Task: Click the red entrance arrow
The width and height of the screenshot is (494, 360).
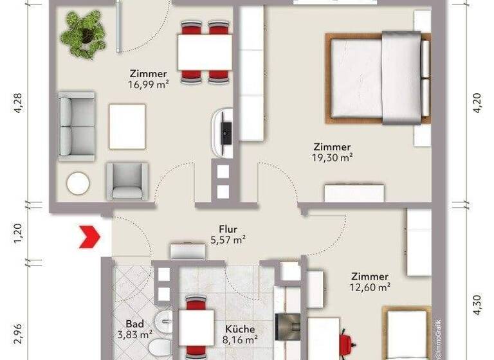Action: pyautogui.click(x=89, y=236)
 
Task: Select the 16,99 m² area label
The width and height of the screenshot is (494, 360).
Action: pyautogui.click(x=149, y=84)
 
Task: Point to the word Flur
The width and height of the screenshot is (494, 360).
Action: pyautogui.click(x=228, y=228)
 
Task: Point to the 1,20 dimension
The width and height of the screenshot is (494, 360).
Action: pyautogui.click(x=18, y=233)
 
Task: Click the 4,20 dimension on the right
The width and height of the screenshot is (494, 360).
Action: pyautogui.click(x=477, y=103)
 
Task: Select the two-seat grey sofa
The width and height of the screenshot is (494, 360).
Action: pyautogui.click(x=76, y=125)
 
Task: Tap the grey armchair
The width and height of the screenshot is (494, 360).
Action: pyautogui.click(x=127, y=180)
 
